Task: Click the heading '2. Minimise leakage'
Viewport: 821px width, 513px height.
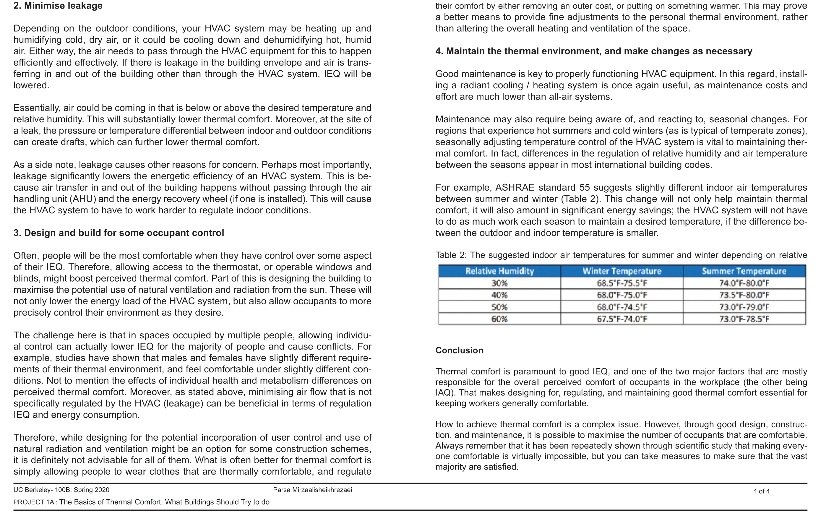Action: (x=58, y=6)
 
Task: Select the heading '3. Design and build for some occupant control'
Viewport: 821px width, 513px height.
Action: (x=119, y=233)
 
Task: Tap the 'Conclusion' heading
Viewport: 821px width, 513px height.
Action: (x=459, y=350)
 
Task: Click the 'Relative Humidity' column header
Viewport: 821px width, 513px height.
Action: (x=499, y=271)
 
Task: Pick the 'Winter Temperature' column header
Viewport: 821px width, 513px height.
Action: (x=622, y=271)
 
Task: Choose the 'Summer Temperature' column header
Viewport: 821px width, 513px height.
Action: (x=744, y=271)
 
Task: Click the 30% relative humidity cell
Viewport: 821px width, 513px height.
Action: (x=499, y=283)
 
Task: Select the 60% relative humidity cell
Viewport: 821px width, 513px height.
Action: (x=499, y=319)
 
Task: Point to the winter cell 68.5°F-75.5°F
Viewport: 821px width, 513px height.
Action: (x=622, y=283)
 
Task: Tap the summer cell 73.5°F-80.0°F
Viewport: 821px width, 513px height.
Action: (x=744, y=295)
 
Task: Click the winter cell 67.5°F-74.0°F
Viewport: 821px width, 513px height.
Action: (x=622, y=319)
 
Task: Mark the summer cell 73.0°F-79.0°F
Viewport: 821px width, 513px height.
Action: (x=744, y=307)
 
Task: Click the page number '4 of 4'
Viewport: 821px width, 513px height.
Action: (x=761, y=491)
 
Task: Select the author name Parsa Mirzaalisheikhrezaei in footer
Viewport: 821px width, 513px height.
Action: (x=312, y=490)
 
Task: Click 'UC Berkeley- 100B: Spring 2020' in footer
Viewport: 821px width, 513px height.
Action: (x=61, y=490)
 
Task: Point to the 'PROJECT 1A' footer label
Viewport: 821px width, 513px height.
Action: (x=34, y=502)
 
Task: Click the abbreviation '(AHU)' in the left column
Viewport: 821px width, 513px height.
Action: (x=83, y=199)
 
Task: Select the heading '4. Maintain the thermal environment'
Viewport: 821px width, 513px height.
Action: (x=594, y=51)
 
